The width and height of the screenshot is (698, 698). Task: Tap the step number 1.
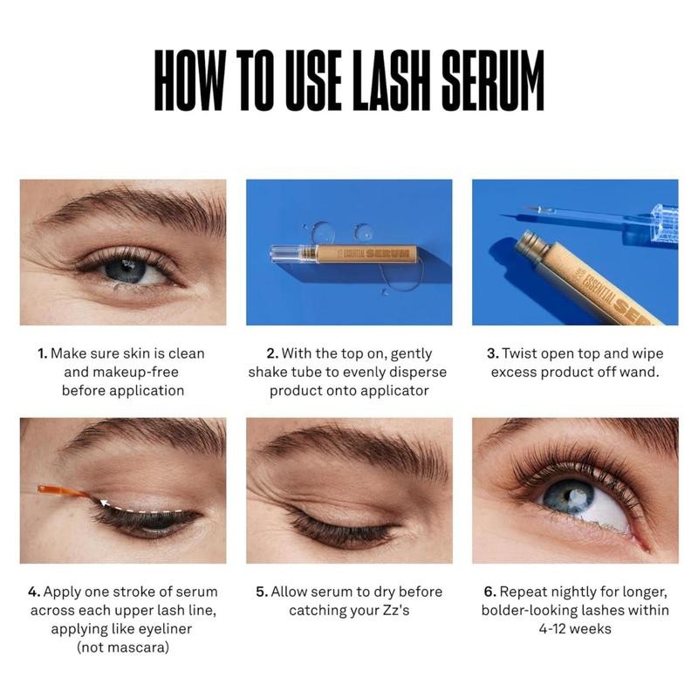tap(42, 354)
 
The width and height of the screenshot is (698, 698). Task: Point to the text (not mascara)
tap(123, 647)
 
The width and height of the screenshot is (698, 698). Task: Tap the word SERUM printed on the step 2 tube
tap(387, 254)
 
